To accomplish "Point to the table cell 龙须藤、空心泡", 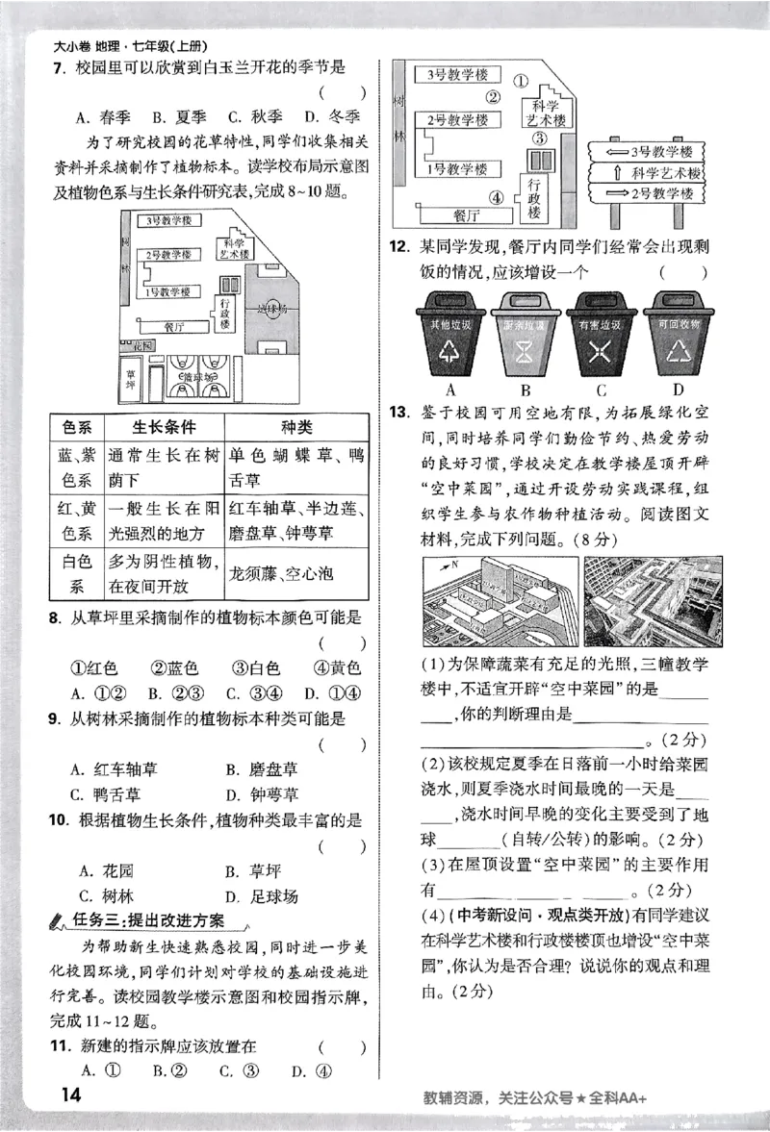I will click(281, 574).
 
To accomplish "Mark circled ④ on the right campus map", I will click(497, 199).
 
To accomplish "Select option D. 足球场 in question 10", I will click(261, 896).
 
